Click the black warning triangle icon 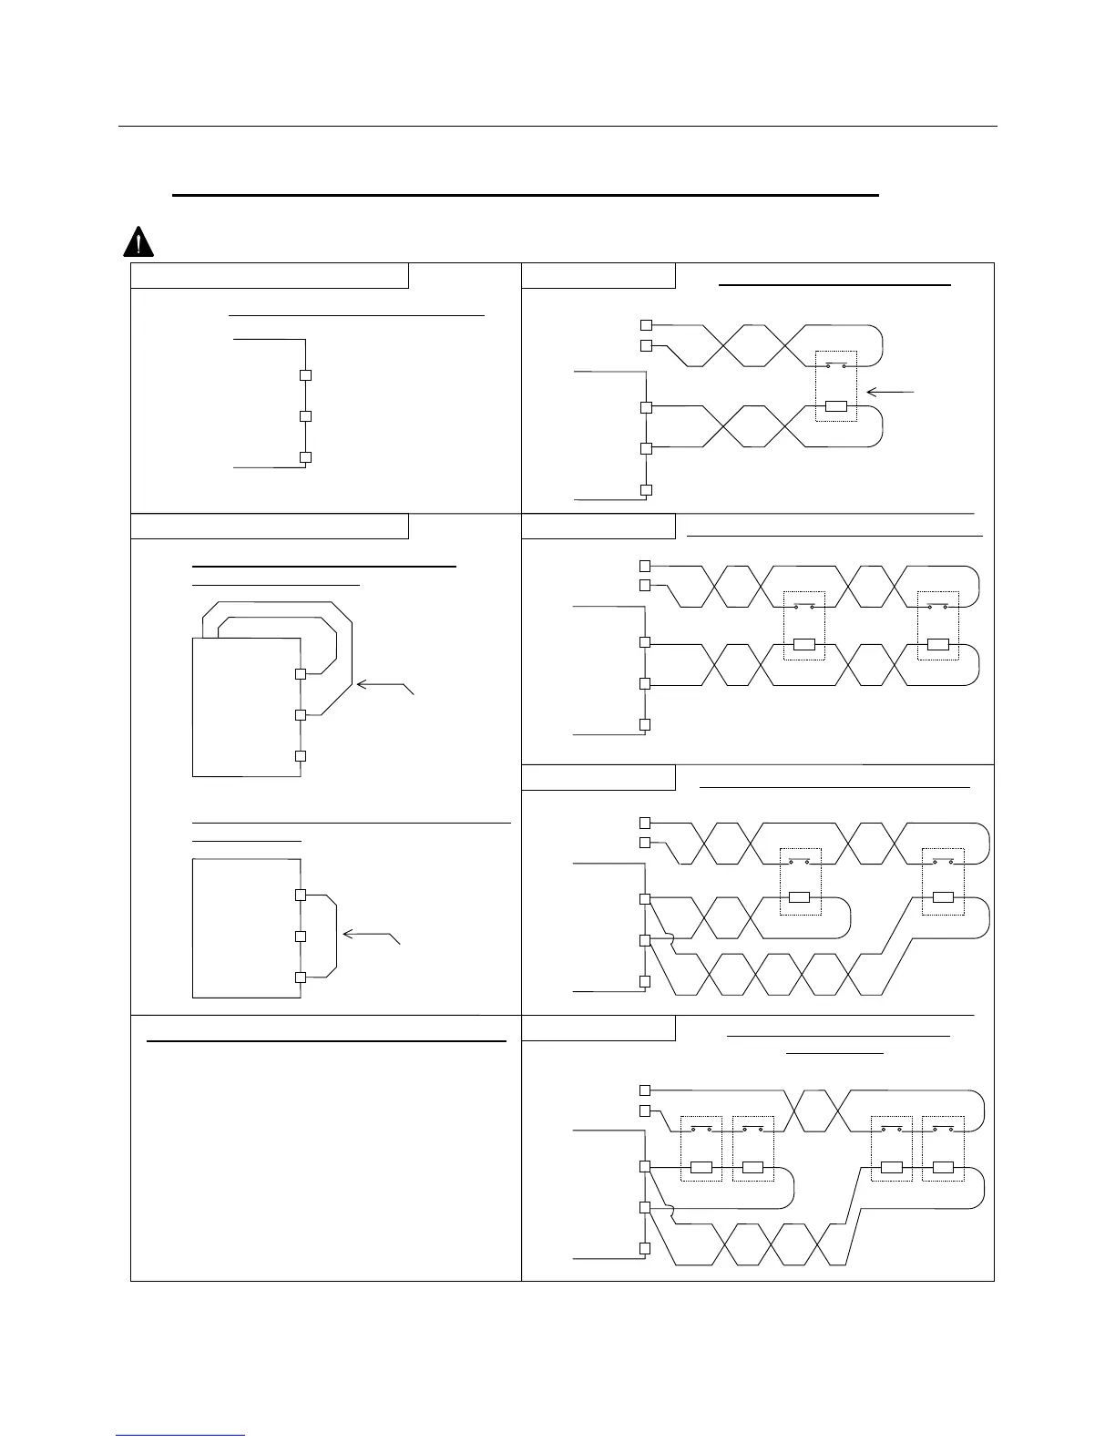pos(138,241)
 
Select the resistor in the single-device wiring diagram pos(835,406)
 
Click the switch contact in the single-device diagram pos(835,365)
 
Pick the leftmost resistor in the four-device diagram pos(701,1167)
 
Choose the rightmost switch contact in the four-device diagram pos(942,1130)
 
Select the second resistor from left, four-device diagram pos(752,1167)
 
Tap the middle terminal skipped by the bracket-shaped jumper pos(300,936)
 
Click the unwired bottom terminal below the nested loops pos(300,756)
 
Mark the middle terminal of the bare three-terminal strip pos(306,416)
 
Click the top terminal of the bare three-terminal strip pos(306,375)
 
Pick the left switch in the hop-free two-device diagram pos(804,606)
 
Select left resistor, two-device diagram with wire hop pos(799,897)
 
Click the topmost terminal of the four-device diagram pos(645,1090)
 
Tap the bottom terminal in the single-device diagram pos(646,490)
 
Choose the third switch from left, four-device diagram pos(891,1130)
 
